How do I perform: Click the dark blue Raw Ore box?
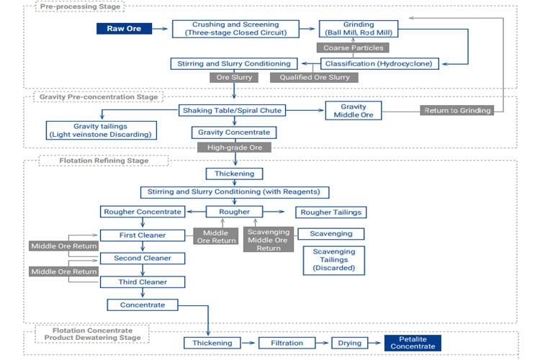coord(124,29)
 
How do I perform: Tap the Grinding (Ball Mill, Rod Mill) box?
coord(359,29)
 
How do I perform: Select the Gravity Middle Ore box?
coord(354,110)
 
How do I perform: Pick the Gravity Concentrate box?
coord(231,132)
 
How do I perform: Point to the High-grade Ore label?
coord(235,147)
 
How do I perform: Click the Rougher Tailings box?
coord(330,212)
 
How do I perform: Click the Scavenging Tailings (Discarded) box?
coord(333,259)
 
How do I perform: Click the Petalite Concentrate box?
coord(413,343)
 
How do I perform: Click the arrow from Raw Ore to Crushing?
coord(161,29)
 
